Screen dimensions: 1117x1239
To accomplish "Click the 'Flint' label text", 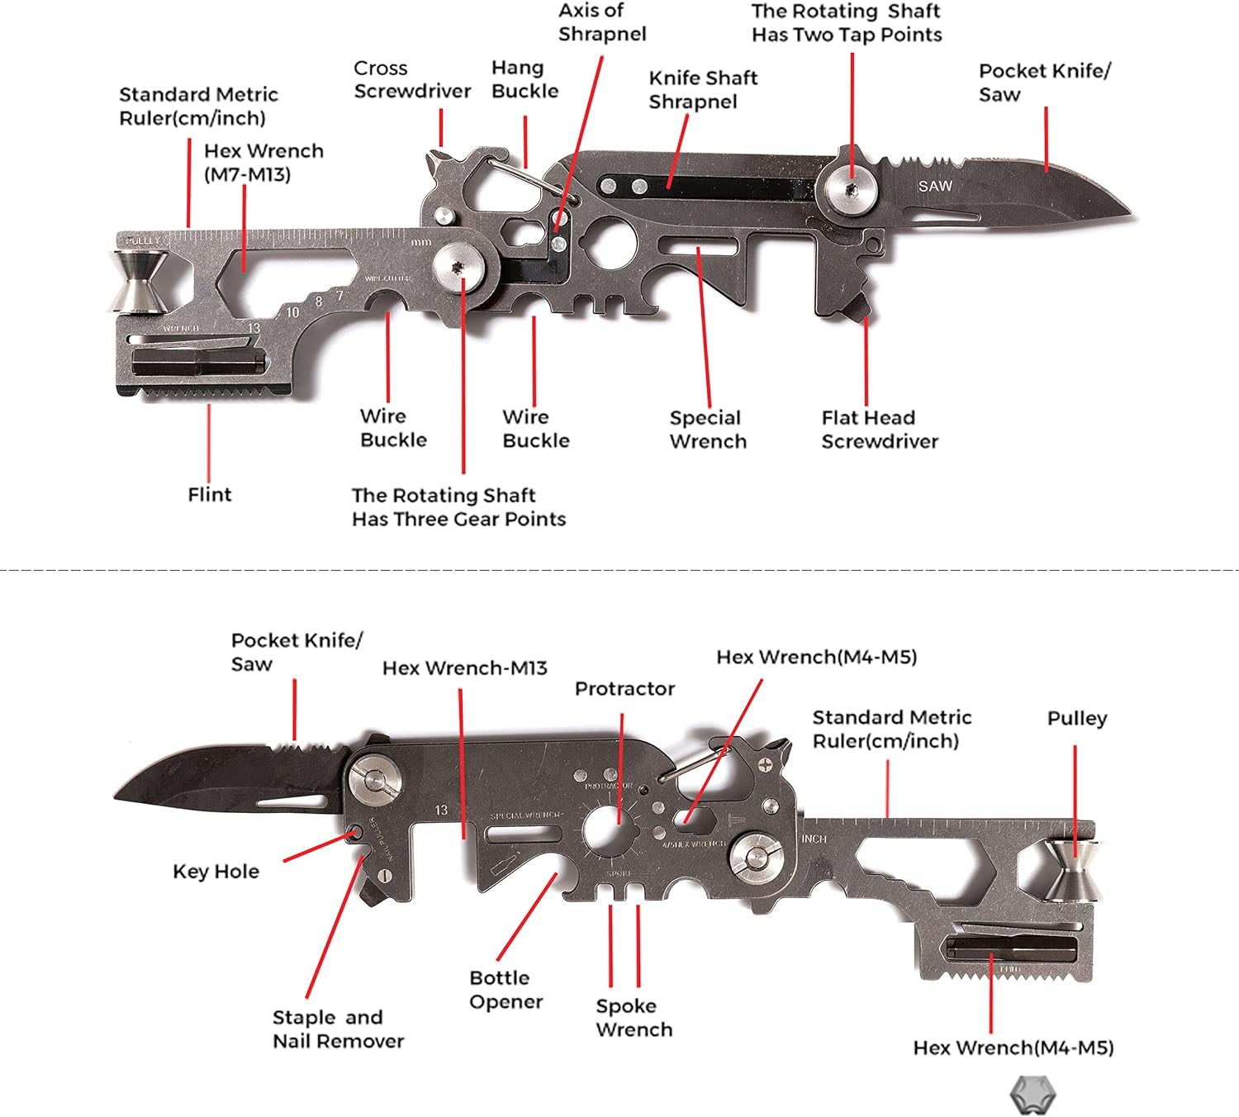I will (210, 494).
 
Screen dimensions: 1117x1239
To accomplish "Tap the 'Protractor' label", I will (624, 688).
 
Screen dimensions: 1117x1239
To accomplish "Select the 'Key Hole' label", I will (216, 871).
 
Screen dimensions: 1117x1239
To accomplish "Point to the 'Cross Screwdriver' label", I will (412, 79).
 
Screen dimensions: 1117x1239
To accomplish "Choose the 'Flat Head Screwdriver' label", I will (880, 429).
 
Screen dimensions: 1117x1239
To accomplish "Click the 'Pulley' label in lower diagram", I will (1077, 718).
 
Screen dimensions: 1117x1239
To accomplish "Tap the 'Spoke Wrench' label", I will (634, 1017).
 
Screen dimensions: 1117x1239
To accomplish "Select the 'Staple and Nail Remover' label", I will (338, 1029).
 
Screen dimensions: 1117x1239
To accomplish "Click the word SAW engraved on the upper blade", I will (935, 186).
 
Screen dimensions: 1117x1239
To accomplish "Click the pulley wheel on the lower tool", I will (1072, 870).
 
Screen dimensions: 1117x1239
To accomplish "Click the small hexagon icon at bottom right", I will (1032, 1096).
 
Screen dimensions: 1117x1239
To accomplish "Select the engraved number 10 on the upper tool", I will (292, 312).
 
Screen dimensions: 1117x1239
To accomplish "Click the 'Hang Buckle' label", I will (525, 78).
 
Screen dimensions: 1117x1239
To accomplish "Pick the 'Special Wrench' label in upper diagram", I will (708, 429).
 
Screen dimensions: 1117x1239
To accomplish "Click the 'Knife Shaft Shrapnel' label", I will (703, 89).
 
